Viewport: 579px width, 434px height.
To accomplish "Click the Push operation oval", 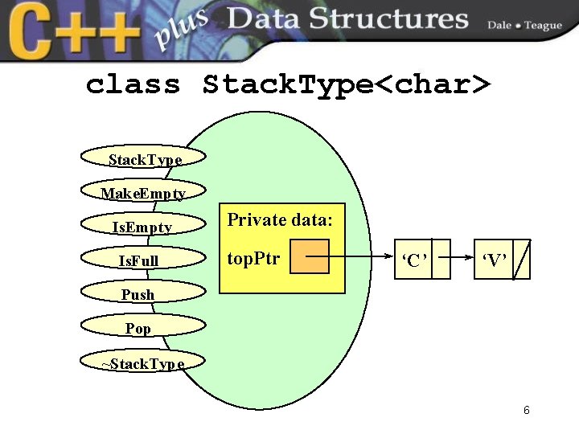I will (x=138, y=294).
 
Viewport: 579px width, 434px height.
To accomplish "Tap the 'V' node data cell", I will (x=493, y=259).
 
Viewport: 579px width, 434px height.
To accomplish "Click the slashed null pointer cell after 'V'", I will (x=522, y=259).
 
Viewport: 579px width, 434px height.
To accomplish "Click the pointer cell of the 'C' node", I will (x=441, y=259).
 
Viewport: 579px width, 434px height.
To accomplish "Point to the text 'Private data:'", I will (x=280, y=219).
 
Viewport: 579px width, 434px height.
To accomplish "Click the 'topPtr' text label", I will (x=253, y=258).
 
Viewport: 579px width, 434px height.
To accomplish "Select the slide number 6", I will (x=527, y=411).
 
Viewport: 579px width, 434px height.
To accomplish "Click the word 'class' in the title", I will (x=133, y=84).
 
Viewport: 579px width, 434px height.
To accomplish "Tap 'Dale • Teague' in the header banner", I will (x=524, y=25).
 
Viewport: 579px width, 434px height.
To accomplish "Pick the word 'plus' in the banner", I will (x=182, y=31).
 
